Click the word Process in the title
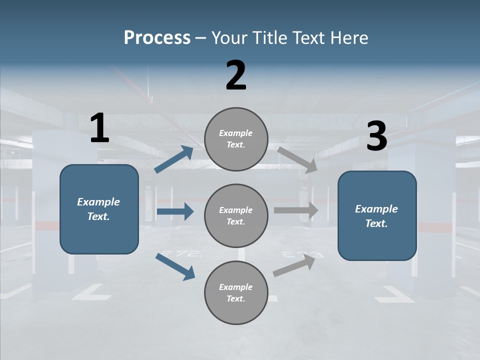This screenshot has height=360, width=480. coord(157,38)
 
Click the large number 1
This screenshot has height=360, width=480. coord(99,128)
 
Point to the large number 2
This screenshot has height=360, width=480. coord(236,75)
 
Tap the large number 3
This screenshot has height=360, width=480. coord(376,136)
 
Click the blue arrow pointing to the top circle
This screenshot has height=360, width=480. coord(174,159)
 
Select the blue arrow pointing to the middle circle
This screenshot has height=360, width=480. coord(175,211)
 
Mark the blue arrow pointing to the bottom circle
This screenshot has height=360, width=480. coord(175,266)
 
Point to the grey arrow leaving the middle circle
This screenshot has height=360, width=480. coord(296,210)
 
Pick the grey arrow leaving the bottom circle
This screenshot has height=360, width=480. coord(294,264)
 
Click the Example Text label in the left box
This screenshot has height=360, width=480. coord(98,209)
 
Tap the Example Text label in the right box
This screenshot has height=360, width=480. coord(376,216)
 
